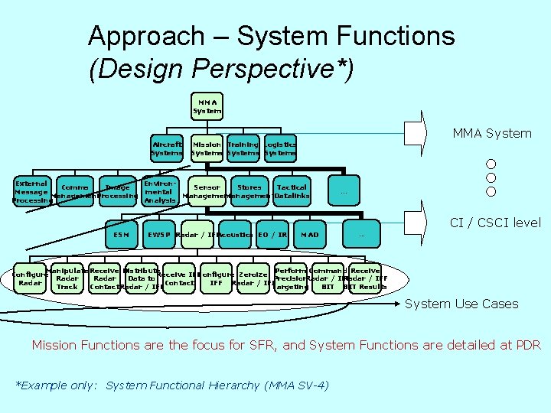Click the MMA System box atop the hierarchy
[x=207, y=106]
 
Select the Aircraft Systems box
[x=167, y=148]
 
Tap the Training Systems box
[x=243, y=148]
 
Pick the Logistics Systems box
[x=279, y=148]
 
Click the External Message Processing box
[x=31, y=192]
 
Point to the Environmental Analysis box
[x=160, y=192]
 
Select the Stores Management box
[x=249, y=192]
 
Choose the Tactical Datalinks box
[x=292, y=192]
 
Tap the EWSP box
[x=160, y=234]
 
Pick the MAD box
[x=310, y=234]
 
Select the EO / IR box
[x=272, y=234]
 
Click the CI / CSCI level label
[x=494, y=223]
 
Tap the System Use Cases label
[x=461, y=304]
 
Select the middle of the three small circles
[x=491, y=177]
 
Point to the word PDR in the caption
[x=527, y=345]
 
